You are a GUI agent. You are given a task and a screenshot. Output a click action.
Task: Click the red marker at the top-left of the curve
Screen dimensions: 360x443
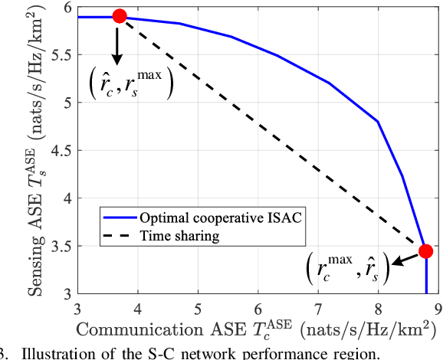120,16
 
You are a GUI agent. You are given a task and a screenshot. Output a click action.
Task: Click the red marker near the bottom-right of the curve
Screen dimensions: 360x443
426,251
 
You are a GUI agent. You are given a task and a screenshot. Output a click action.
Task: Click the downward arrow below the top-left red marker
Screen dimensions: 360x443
117,47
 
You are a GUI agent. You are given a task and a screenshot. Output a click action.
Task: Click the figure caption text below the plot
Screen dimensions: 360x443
192,353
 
